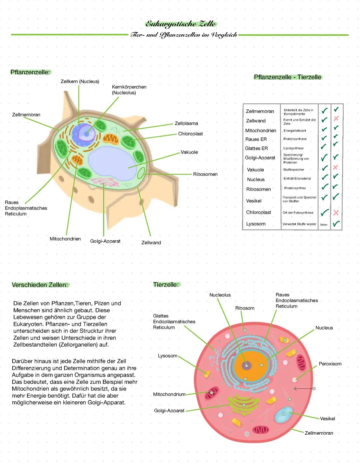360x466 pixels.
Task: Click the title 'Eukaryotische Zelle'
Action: [181, 24]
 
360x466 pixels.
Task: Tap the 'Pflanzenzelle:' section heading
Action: [30, 72]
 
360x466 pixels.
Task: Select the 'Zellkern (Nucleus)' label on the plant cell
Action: [80, 81]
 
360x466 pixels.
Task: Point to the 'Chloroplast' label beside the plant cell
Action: [190, 134]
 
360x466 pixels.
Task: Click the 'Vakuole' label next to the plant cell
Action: [189, 152]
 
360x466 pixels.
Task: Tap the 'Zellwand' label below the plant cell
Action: [151, 243]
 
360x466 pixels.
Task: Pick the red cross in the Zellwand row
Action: [336, 119]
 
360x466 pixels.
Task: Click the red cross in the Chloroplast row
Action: [336, 212]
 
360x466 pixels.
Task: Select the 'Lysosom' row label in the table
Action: [256, 224]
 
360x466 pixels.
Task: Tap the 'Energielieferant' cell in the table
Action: [295, 131]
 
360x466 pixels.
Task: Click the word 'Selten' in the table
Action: [324, 224]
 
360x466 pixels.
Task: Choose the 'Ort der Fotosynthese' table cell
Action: [298, 212]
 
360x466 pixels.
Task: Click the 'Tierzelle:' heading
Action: [166, 285]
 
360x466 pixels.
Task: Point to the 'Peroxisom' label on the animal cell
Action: [330, 364]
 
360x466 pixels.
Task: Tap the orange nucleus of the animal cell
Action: [251, 365]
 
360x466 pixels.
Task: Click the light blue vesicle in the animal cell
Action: [284, 415]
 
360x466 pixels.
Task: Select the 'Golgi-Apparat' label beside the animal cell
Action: [169, 411]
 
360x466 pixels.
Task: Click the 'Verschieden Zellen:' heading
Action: [40, 285]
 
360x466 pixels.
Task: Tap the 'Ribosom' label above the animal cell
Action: [245, 308]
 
